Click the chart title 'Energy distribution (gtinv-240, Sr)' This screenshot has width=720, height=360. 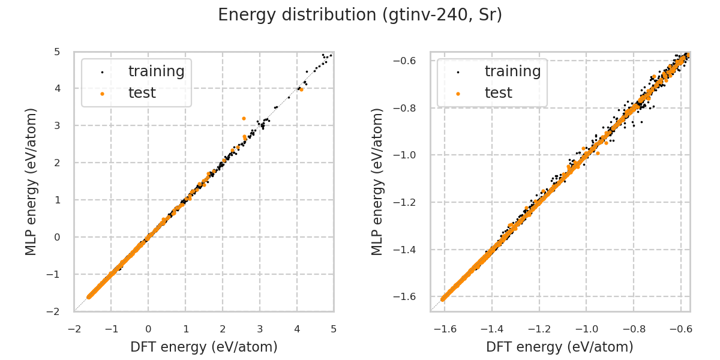click(x=359, y=15)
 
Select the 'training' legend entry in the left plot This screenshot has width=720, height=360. click(x=156, y=71)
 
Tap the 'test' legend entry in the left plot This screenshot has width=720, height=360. click(x=142, y=93)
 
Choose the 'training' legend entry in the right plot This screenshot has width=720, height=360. click(x=512, y=71)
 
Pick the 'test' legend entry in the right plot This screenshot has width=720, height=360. click(x=498, y=93)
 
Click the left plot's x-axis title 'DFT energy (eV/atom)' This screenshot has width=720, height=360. click(x=203, y=347)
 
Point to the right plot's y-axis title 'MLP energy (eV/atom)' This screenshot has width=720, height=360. click(x=377, y=182)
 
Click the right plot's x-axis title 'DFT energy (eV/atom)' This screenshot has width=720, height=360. click(x=560, y=347)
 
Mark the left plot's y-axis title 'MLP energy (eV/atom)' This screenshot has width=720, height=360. click(x=31, y=182)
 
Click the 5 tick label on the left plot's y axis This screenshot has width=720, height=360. click(x=56, y=52)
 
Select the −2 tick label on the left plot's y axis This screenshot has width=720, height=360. click(x=55, y=311)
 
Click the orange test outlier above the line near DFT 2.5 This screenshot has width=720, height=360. click(x=244, y=118)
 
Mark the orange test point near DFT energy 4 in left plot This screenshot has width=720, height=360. click(x=301, y=89)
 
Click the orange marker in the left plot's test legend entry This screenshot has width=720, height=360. click(x=102, y=94)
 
